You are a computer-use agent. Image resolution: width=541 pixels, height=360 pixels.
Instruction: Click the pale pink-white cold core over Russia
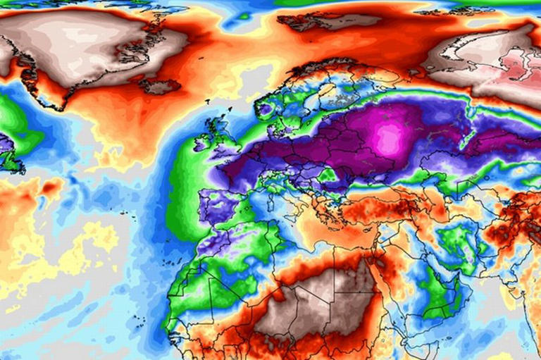388,138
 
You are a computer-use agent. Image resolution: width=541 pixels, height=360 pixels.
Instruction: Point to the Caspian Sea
458,194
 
